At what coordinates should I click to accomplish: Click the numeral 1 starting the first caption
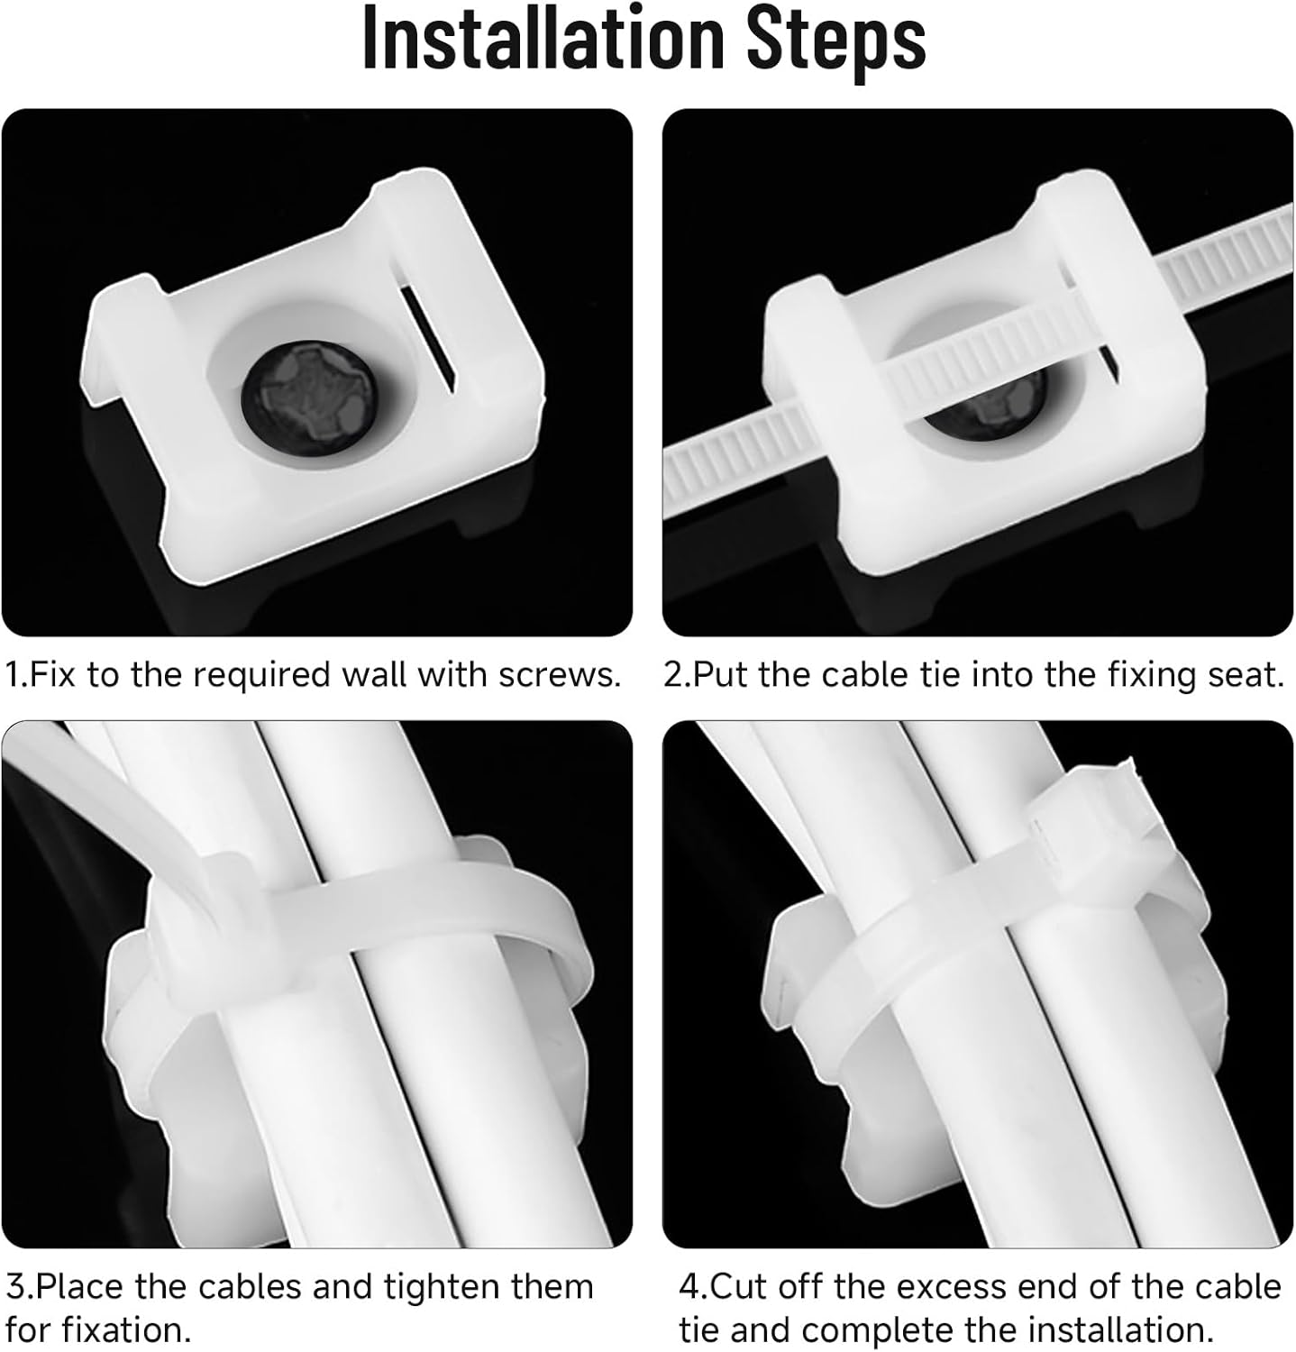tap(13, 674)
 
